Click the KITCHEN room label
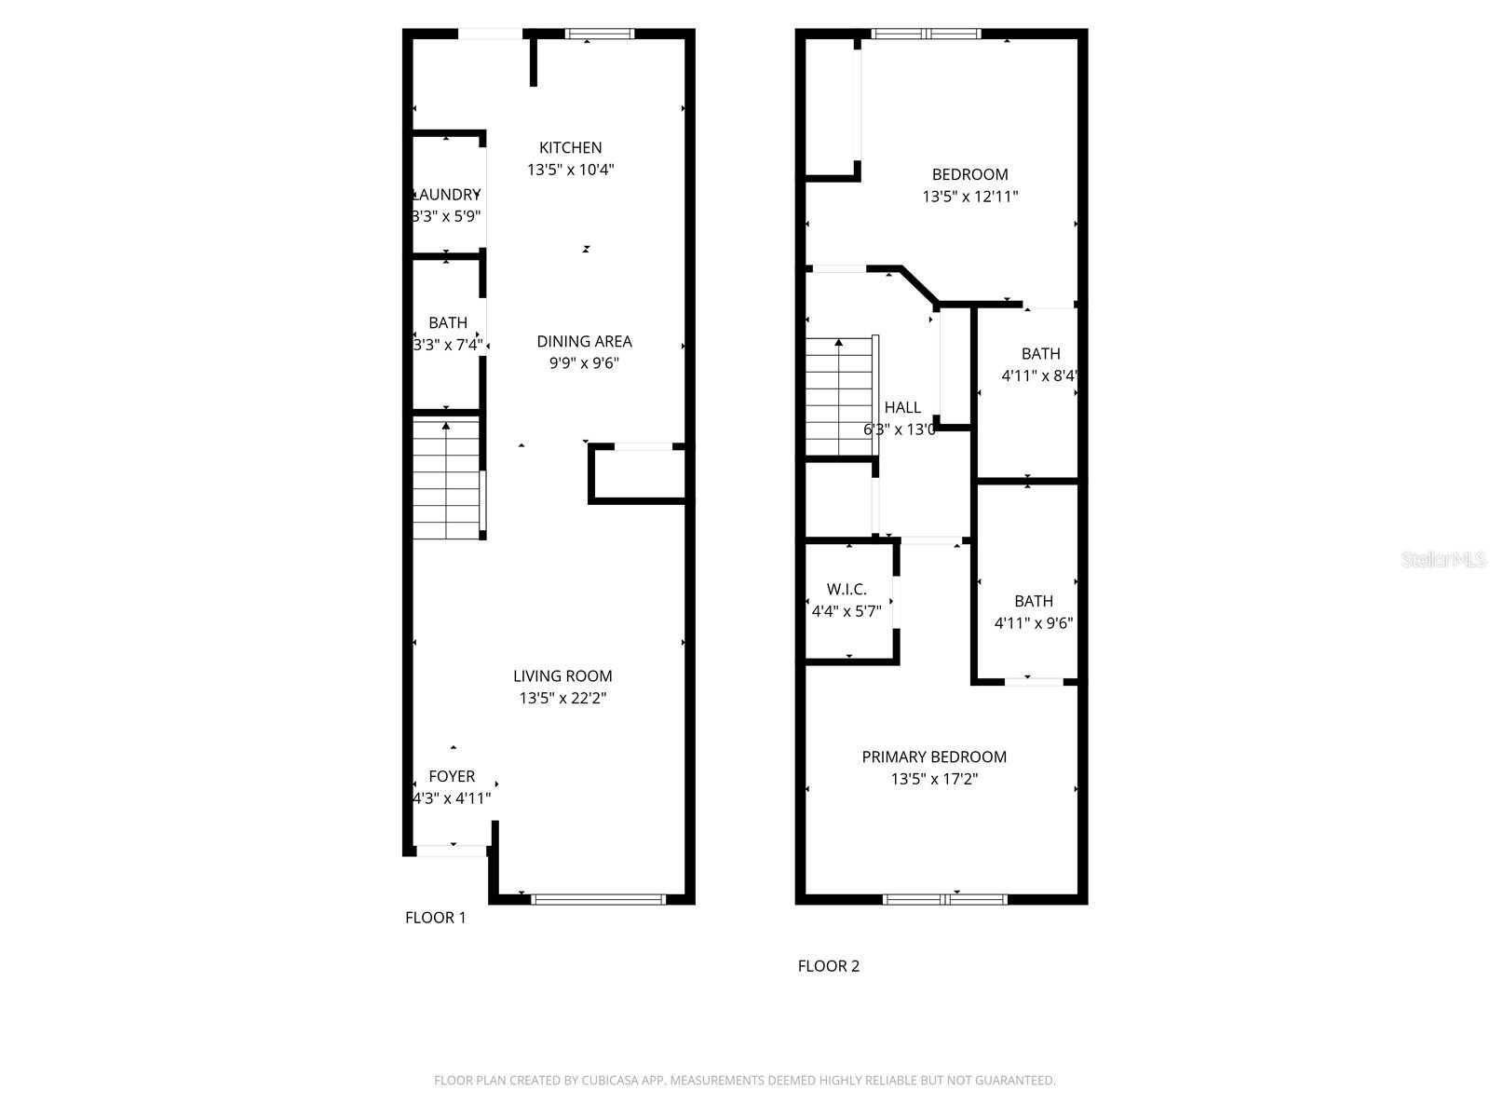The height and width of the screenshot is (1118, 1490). click(x=570, y=147)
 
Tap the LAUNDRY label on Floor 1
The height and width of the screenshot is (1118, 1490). click(x=447, y=195)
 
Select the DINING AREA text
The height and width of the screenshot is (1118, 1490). click(x=584, y=341)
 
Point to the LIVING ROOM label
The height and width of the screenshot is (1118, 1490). click(x=562, y=676)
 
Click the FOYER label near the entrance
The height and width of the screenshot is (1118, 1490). click(x=452, y=776)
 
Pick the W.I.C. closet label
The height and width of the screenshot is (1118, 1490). click(x=847, y=590)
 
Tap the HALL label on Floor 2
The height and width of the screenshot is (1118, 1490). click(x=902, y=407)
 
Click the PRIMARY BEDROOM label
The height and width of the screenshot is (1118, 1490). click(x=934, y=757)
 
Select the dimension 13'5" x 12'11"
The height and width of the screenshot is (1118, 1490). click(x=970, y=197)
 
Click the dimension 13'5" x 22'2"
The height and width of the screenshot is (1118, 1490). click(x=563, y=698)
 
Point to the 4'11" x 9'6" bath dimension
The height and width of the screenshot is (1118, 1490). click(x=1034, y=623)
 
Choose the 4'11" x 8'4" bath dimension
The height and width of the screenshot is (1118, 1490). click(x=1039, y=375)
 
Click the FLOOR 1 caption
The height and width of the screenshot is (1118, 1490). click(x=435, y=918)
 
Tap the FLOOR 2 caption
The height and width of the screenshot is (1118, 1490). click(x=828, y=966)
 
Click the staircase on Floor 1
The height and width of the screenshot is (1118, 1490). click(x=447, y=480)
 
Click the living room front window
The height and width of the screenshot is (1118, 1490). click(x=598, y=899)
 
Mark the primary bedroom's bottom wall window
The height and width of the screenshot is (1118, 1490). click(x=945, y=899)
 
